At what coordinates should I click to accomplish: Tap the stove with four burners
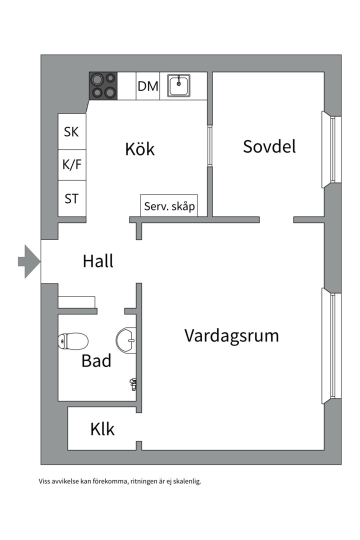tap(103, 86)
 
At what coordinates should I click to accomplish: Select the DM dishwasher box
tap(148, 86)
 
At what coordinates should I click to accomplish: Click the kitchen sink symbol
tap(178, 85)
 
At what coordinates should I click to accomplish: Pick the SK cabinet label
tap(71, 132)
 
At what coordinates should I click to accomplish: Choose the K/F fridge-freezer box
tap(71, 164)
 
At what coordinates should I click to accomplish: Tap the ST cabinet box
tap(71, 198)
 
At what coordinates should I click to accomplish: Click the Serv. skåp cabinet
tap(169, 206)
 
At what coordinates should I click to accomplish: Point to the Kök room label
tap(139, 149)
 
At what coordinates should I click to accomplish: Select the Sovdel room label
tap(269, 146)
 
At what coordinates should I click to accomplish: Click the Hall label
tap(98, 261)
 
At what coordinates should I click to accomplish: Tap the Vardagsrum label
tap(231, 335)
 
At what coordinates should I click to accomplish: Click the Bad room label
tap(96, 360)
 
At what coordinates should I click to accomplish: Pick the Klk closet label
tap(102, 429)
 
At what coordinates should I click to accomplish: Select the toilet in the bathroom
tap(73, 341)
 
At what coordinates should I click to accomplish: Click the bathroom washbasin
tap(126, 340)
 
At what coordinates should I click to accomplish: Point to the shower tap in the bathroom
tap(133, 383)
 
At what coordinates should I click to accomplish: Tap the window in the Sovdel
tap(331, 149)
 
